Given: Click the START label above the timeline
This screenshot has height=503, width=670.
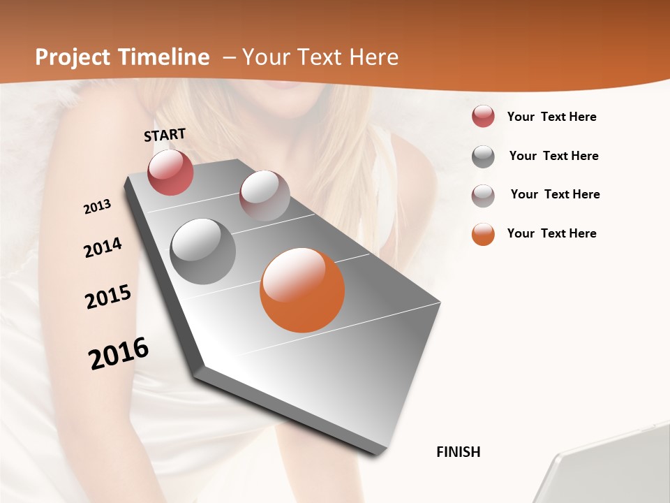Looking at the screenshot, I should (x=165, y=135).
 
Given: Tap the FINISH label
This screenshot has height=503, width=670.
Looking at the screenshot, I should (x=458, y=452).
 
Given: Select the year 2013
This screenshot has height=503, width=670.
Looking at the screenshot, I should (x=97, y=207).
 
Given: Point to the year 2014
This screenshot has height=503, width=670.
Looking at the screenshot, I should (x=103, y=248).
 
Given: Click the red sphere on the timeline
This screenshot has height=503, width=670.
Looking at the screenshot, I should (x=170, y=172).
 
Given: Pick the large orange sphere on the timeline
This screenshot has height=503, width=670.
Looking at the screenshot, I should (x=302, y=290).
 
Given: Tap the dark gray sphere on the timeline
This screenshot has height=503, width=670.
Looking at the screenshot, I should (x=203, y=251).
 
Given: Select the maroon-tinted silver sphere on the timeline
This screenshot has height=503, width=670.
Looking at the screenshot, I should (x=265, y=195).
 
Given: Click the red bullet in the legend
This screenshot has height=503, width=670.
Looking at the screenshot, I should (x=483, y=117).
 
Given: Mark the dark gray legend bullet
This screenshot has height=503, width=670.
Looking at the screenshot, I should (x=483, y=156).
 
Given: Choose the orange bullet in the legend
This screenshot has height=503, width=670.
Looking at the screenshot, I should (x=483, y=234).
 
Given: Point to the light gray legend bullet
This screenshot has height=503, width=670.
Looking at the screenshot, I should (x=483, y=196).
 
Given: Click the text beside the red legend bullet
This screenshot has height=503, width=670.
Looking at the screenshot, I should (x=551, y=117).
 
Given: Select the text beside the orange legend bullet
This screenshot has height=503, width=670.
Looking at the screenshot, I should (x=551, y=233).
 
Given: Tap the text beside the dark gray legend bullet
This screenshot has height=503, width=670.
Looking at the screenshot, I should (x=553, y=156).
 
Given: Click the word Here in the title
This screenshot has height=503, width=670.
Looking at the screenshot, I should (x=373, y=57).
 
